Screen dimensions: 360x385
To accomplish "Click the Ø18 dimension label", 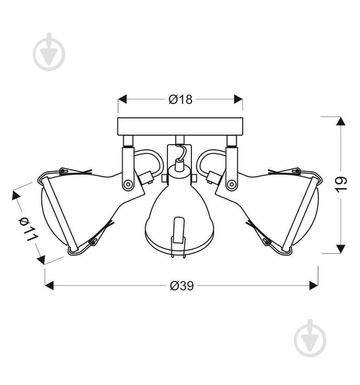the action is click(x=180, y=100).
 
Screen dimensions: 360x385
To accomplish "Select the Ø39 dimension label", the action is click(x=182, y=285).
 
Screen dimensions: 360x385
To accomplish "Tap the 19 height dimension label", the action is click(x=341, y=184).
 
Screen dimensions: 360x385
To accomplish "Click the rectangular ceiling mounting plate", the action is click(x=180, y=126).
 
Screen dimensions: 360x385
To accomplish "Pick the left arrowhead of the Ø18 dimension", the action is click(x=122, y=99).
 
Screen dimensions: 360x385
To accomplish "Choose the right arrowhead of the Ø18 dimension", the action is click(x=238, y=99).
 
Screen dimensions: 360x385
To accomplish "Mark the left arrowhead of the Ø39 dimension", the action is click(x=49, y=285).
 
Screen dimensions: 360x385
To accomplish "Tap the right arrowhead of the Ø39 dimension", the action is click(x=314, y=285).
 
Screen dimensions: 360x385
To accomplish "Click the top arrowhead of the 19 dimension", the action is click(x=341, y=121).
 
